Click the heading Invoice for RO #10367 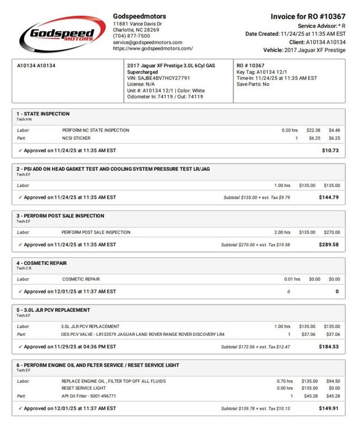307,16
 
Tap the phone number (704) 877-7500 131,36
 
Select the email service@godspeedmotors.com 147,42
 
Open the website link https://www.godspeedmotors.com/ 152,49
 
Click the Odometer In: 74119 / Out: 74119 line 165,96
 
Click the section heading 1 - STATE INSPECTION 43,114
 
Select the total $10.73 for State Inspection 330,150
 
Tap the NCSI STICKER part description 76,138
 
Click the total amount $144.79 329,197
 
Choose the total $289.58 329,245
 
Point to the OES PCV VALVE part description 142,334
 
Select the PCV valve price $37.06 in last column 333,334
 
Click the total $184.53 329,347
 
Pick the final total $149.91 329,408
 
